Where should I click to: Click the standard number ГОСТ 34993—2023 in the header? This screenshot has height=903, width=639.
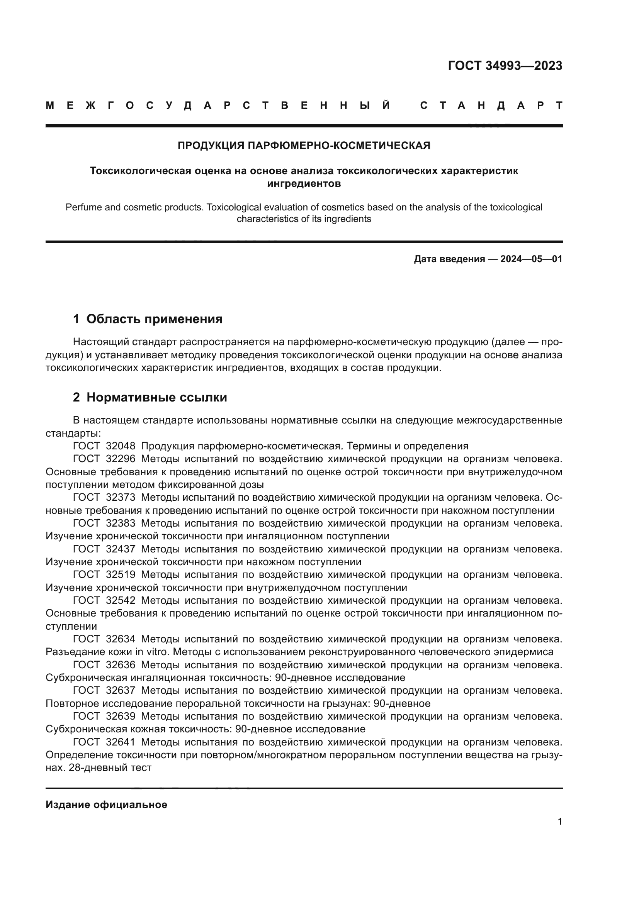pyautogui.click(x=505, y=66)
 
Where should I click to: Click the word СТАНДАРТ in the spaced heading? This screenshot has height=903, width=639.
pyautogui.click(x=491, y=105)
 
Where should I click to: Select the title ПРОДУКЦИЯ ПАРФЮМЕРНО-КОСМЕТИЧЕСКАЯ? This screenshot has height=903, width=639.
pyautogui.click(x=304, y=146)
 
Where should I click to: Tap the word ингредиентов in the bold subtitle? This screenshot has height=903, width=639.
pyautogui.click(x=304, y=183)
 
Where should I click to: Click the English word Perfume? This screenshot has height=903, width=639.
pyautogui.click(x=81, y=207)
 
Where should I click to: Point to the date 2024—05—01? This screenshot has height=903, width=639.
pyautogui.click(x=531, y=259)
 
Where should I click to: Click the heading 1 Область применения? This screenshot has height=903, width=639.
pyautogui.click(x=148, y=319)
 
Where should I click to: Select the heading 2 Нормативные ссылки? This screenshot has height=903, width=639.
pyautogui.click(x=150, y=398)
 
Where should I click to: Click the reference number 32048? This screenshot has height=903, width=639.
pyautogui.click(x=121, y=446)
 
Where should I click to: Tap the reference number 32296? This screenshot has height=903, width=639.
pyautogui.click(x=121, y=459)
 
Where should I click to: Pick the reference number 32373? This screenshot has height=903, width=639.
pyautogui.click(x=121, y=498)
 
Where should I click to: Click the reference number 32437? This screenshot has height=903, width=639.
pyautogui.click(x=121, y=549)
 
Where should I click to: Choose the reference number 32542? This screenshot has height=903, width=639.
pyautogui.click(x=121, y=601)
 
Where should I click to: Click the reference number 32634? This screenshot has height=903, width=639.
pyautogui.click(x=121, y=639)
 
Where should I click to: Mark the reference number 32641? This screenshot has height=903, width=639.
pyautogui.click(x=121, y=742)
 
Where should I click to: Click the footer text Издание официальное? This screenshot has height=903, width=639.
pyautogui.click(x=106, y=805)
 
